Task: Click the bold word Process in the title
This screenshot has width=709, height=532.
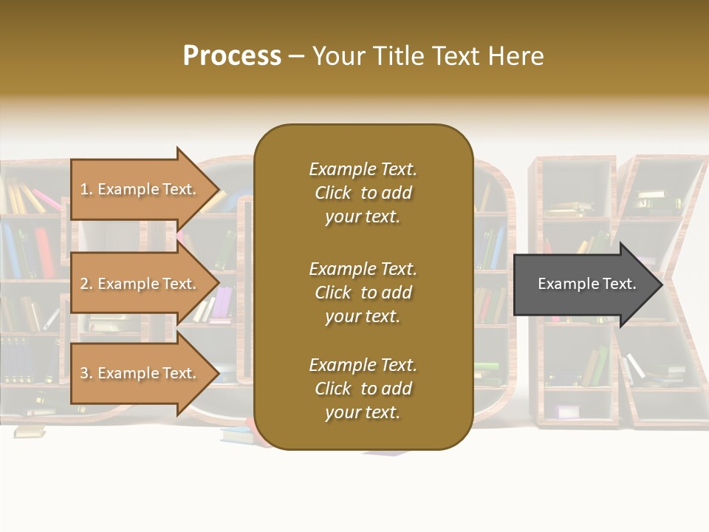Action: [232, 56]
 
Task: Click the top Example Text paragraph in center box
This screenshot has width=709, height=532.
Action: [363, 193]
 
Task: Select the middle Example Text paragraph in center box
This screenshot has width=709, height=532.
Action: [363, 293]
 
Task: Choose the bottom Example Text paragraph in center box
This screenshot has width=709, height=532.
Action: [363, 389]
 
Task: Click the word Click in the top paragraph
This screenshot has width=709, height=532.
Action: [332, 193]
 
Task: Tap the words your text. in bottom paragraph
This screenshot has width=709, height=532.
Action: [363, 412]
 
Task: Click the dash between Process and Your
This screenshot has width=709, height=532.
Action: [296, 57]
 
